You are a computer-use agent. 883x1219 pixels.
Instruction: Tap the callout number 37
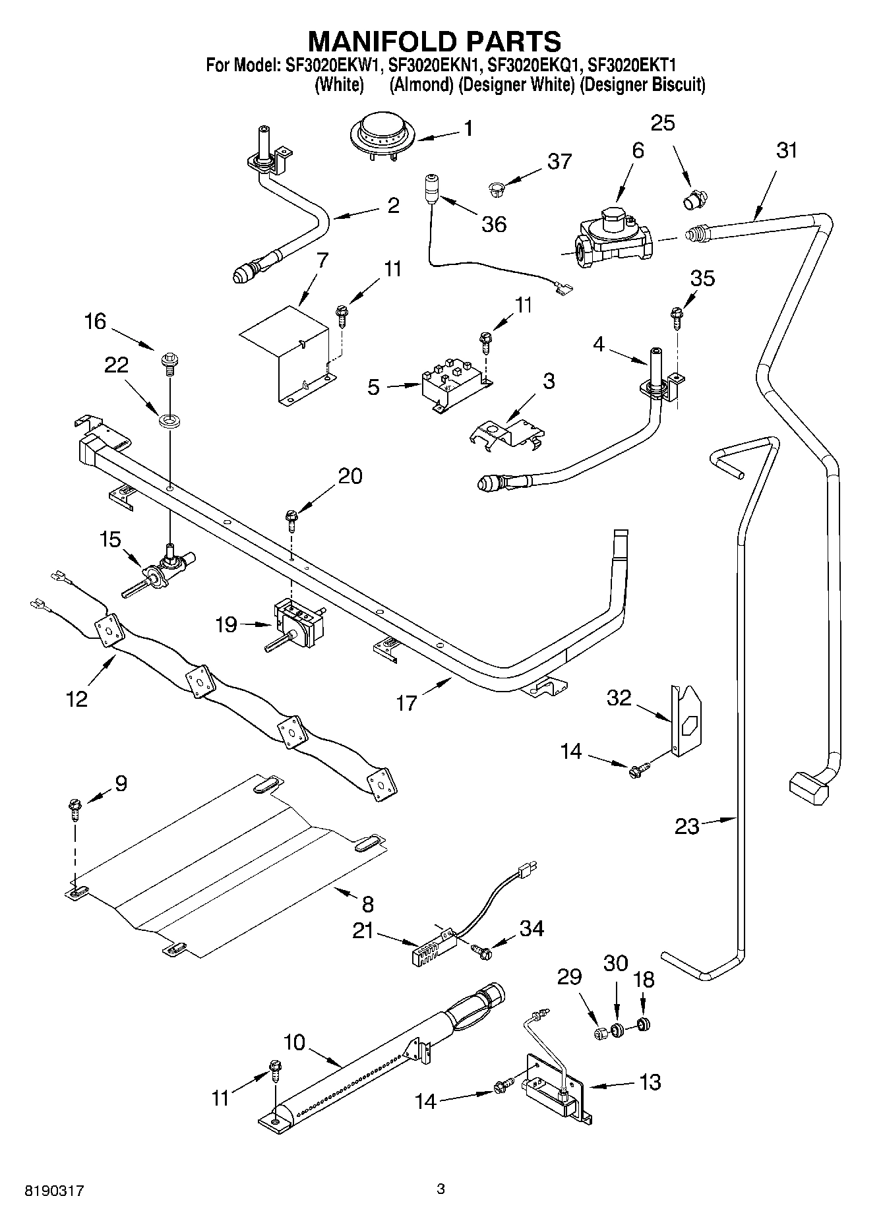point(559,161)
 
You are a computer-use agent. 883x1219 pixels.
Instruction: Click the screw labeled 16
point(169,362)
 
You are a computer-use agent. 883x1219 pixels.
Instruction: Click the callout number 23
point(686,825)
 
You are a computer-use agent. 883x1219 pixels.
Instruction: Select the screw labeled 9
point(75,808)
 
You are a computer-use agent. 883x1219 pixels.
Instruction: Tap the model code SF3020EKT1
point(631,65)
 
